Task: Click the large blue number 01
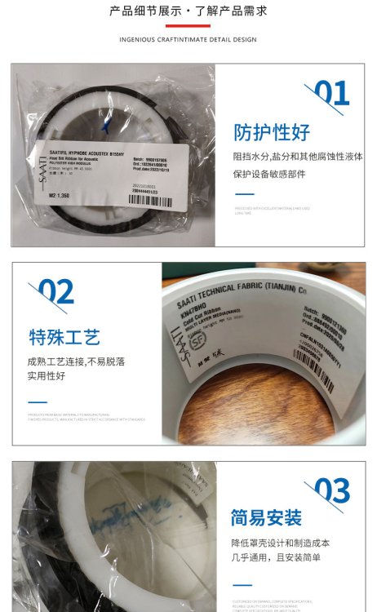[x=331, y=94]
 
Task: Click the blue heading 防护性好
[x=272, y=133]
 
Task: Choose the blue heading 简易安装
[x=266, y=518]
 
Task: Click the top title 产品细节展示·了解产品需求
[x=188, y=11]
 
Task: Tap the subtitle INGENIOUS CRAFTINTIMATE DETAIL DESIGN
[x=188, y=39]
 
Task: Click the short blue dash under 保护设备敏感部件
[x=244, y=195]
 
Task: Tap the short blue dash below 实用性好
[x=38, y=401]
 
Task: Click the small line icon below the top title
[x=188, y=26]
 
